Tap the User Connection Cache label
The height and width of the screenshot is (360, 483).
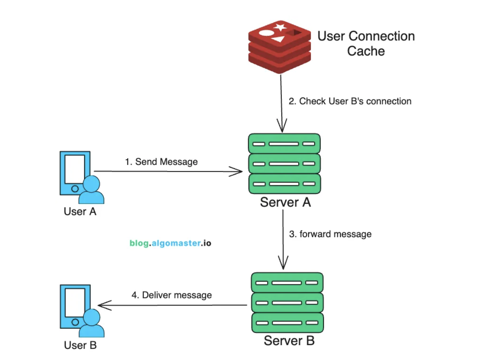pyautogui.click(x=366, y=44)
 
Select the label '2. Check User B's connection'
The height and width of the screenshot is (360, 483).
pyautogui.click(x=350, y=101)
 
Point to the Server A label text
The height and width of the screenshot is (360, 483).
pyautogui.click(x=285, y=202)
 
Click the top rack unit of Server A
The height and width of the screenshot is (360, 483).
pyautogui.click(x=284, y=144)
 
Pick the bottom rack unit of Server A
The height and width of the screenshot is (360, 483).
pyautogui.click(x=284, y=184)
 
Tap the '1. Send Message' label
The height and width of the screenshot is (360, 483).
pyautogui.click(x=161, y=162)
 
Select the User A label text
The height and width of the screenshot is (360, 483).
pyautogui.click(x=80, y=212)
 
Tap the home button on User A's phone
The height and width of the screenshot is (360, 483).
pyautogui.click(x=75, y=189)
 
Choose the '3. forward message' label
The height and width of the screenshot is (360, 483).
pyautogui.click(x=330, y=234)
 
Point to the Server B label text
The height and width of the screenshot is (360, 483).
pyautogui.click(x=289, y=341)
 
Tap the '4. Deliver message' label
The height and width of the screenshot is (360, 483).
pyautogui.click(x=172, y=295)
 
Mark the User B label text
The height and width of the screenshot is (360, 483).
pyautogui.click(x=80, y=345)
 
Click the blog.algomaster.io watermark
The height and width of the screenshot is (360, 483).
pyautogui.click(x=170, y=243)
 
